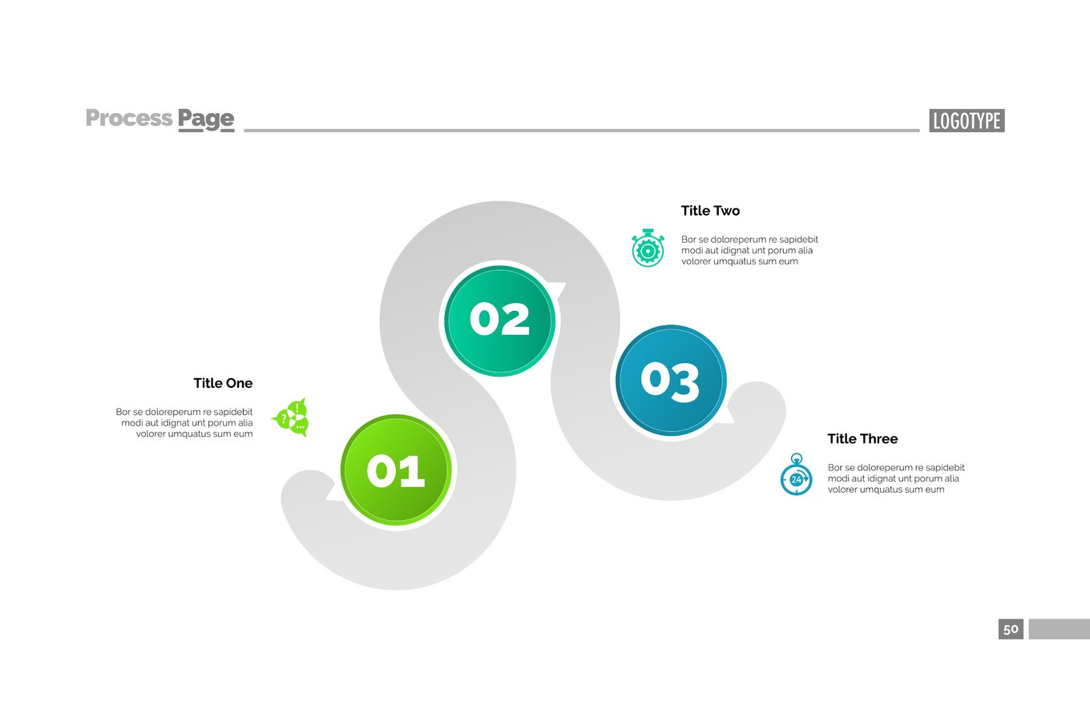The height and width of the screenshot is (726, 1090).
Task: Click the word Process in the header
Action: coord(128,118)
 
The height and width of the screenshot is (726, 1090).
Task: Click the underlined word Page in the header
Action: coord(206,119)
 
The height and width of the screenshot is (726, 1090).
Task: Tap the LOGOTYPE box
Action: coord(967,121)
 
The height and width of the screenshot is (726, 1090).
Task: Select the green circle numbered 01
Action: coord(396,470)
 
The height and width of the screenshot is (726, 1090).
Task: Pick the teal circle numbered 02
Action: coord(499,320)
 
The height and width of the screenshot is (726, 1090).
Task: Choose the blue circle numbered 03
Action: coord(670,380)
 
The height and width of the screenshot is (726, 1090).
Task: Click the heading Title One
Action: coord(223,383)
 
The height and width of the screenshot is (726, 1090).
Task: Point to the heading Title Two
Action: coord(710,211)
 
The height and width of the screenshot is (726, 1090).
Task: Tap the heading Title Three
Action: coord(862,438)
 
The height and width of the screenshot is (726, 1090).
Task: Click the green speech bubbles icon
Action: coord(292,417)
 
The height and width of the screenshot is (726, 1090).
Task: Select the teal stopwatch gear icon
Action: coord(648,248)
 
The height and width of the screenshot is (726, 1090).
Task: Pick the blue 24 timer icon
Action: coord(796,476)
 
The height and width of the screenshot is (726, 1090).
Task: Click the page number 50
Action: coord(1011,629)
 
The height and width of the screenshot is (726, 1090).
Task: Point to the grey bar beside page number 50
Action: coord(1059,629)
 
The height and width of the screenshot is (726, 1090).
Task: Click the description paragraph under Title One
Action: coord(184,423)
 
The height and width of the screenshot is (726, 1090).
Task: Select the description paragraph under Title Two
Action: coord(749,250)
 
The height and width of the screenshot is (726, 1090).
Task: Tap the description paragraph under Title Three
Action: coord(896,478)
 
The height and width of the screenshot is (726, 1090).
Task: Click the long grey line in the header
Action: coord(581,130)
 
